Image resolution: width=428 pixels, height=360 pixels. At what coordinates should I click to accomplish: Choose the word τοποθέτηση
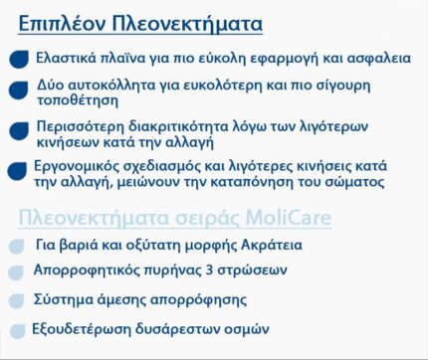point(73,103)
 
